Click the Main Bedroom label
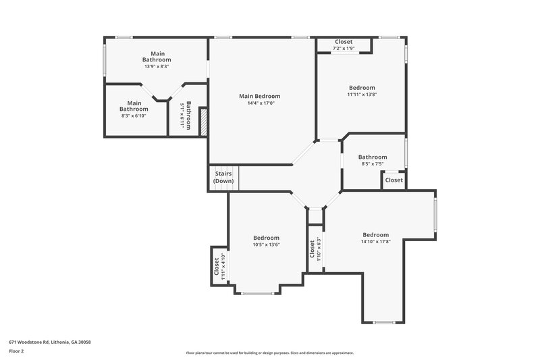coord(259,96)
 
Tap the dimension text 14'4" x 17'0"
coord(259,103)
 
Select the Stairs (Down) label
coord(223,178)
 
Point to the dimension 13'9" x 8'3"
coord(157,67)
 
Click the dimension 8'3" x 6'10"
coord(134,115)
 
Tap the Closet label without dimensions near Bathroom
coord(394,180)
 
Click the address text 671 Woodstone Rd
coord(50,342)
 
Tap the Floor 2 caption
coord(16,351)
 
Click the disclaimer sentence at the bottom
coord(269,353)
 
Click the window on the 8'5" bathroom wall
coord(406,153)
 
